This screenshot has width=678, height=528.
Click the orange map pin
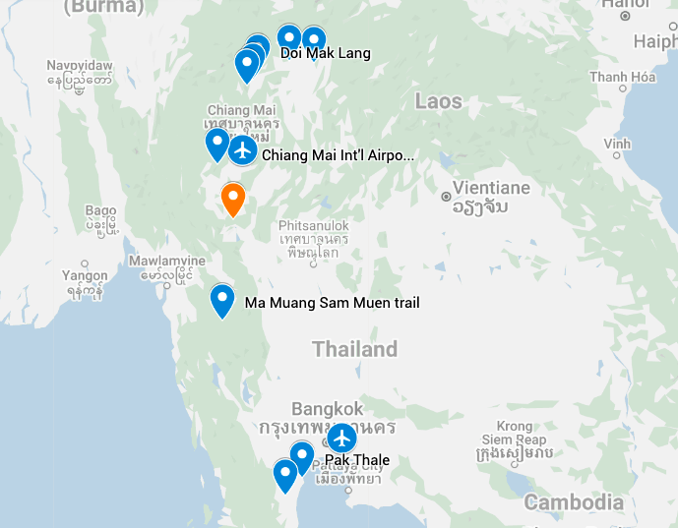click(x=233, y=198)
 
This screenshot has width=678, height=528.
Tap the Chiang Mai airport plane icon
click(x=242, y=151)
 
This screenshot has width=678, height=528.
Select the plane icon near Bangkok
click(x=341, y=438)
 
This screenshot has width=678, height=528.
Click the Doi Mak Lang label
click(x=326, y=53)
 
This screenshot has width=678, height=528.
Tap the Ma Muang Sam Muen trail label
click(x=332, y=303)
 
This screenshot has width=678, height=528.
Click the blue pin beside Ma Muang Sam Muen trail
click(x=222, y=298)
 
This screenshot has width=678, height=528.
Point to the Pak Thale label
click(x=357, y=460)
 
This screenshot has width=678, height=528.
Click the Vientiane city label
click(x=491, y=188)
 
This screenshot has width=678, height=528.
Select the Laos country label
click(x=438, y=101)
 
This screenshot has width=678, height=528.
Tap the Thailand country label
click(x=354, y=349)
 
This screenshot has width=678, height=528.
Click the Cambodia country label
click(x=574, y=502)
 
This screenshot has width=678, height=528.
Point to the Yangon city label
click(x=84, y=275)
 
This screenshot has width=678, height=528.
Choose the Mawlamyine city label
click(x=166, y=261)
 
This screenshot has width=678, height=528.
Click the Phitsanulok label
click(x=314, y=225)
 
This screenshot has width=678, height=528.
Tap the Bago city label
click(x=101, y=210)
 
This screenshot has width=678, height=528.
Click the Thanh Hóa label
click(x=623, y=78)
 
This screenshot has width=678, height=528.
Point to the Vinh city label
click(x=617, y=144)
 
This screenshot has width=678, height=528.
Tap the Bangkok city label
click(x=328, y=409)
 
